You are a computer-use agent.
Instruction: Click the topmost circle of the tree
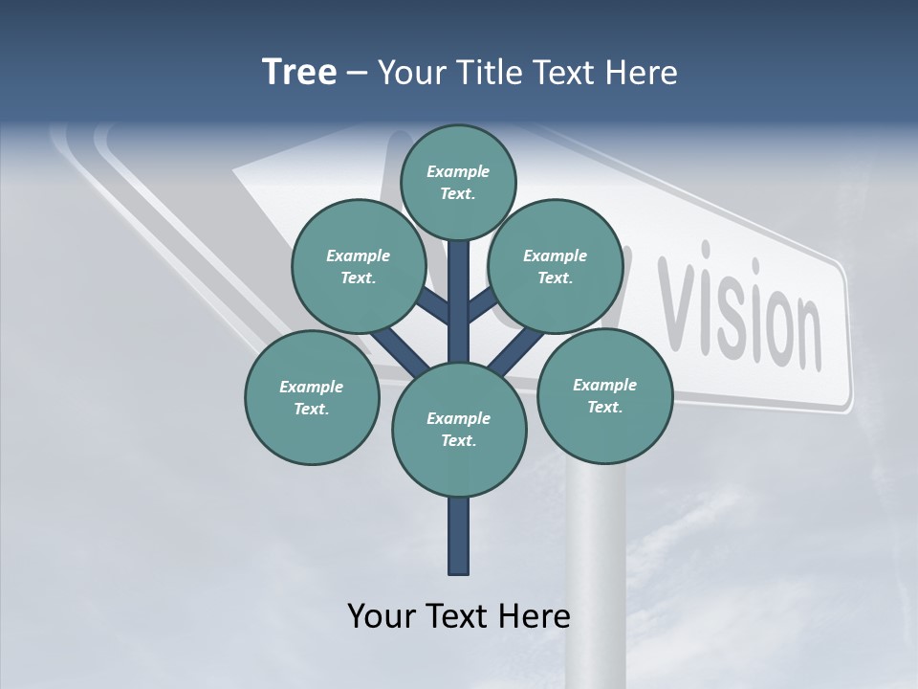pyautogui.click(x=458, y=182)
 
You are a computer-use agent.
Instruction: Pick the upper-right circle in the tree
pyautogui.click(x=555, y=266)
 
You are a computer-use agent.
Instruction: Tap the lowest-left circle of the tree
pyautogui.click(x=311, y=397)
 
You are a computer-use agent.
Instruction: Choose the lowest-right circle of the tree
pyautogui.click(x=604, y=395)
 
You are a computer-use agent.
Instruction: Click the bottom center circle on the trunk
pyautogui.click(x=459, y=429)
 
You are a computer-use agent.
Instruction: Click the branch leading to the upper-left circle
pyautogui.click(x=433, y=307)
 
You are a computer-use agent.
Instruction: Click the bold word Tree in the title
pyautogui.click(x=299, y=72)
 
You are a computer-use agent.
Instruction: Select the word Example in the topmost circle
pyautogui.click(x=458, y=171)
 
